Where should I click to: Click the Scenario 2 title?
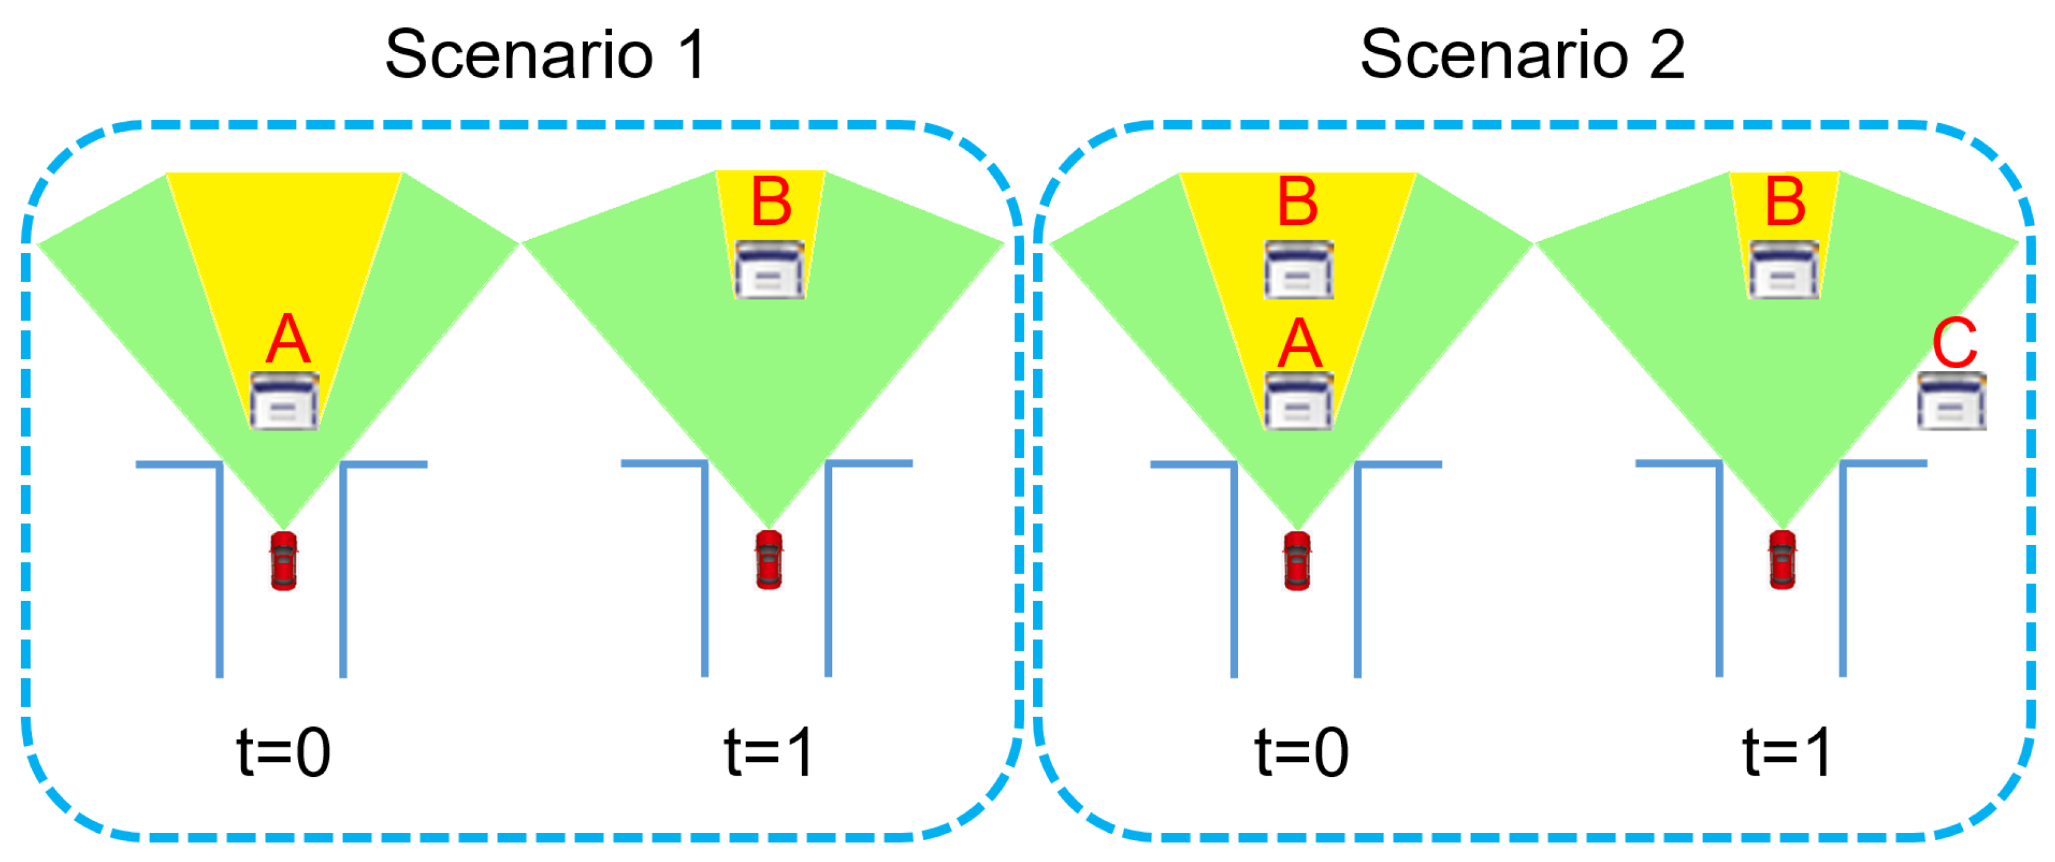click(x=1522, y=54)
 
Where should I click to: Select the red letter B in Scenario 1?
click(x=770, y=202)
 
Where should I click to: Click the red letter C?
click(x=1954, y=343)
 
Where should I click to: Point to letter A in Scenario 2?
click(x=1300, y=344)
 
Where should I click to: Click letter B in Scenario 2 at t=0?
click(x=1298, y=202)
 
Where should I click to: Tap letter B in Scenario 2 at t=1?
click(x=1785, y=202)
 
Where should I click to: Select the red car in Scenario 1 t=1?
click(x=769, y=560)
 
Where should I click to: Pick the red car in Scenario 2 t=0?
click(x=1297, y=560)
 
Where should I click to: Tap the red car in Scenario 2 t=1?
click(x=1783, y=560)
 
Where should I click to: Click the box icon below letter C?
click(x=1951, y=402)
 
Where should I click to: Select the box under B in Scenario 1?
click(x=769, y=270)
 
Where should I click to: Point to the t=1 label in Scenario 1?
click(x=769, y=751)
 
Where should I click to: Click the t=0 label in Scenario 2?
click(x=1301, y=751)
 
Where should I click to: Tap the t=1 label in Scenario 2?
click(x=1787, y=751)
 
